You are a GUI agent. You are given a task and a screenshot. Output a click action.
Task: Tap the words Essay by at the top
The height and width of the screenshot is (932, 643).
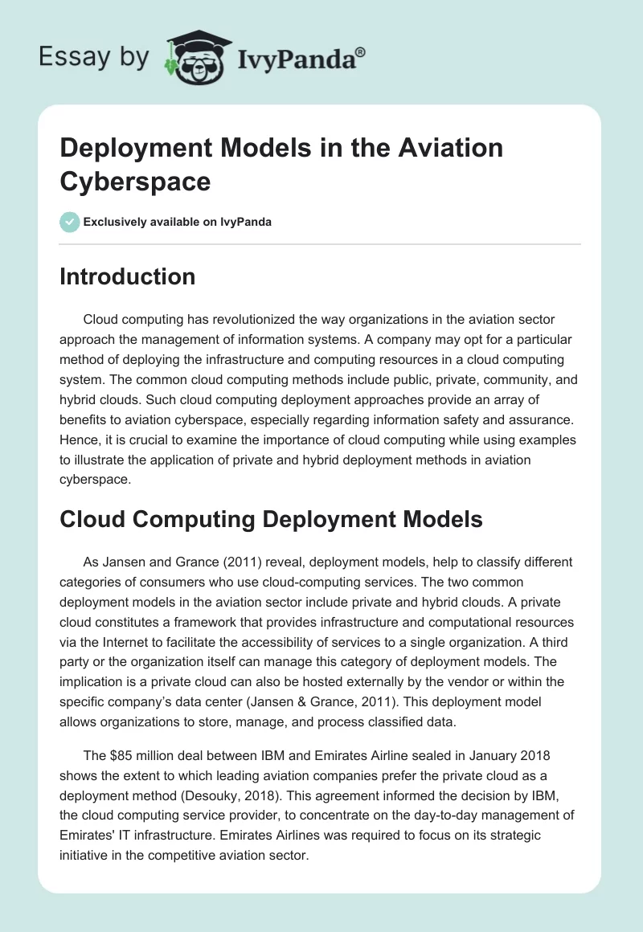[x=94, y=58]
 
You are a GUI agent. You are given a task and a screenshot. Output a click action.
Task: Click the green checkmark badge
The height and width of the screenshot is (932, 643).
[x=70, y=222]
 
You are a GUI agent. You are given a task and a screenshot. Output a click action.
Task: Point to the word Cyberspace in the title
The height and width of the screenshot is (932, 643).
[x=135, y=181]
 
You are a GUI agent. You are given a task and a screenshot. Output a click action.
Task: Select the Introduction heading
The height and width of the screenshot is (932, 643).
[x=128, y=277]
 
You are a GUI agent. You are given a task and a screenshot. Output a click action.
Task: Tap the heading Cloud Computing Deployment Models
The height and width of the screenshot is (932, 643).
[x=271, y=519]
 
